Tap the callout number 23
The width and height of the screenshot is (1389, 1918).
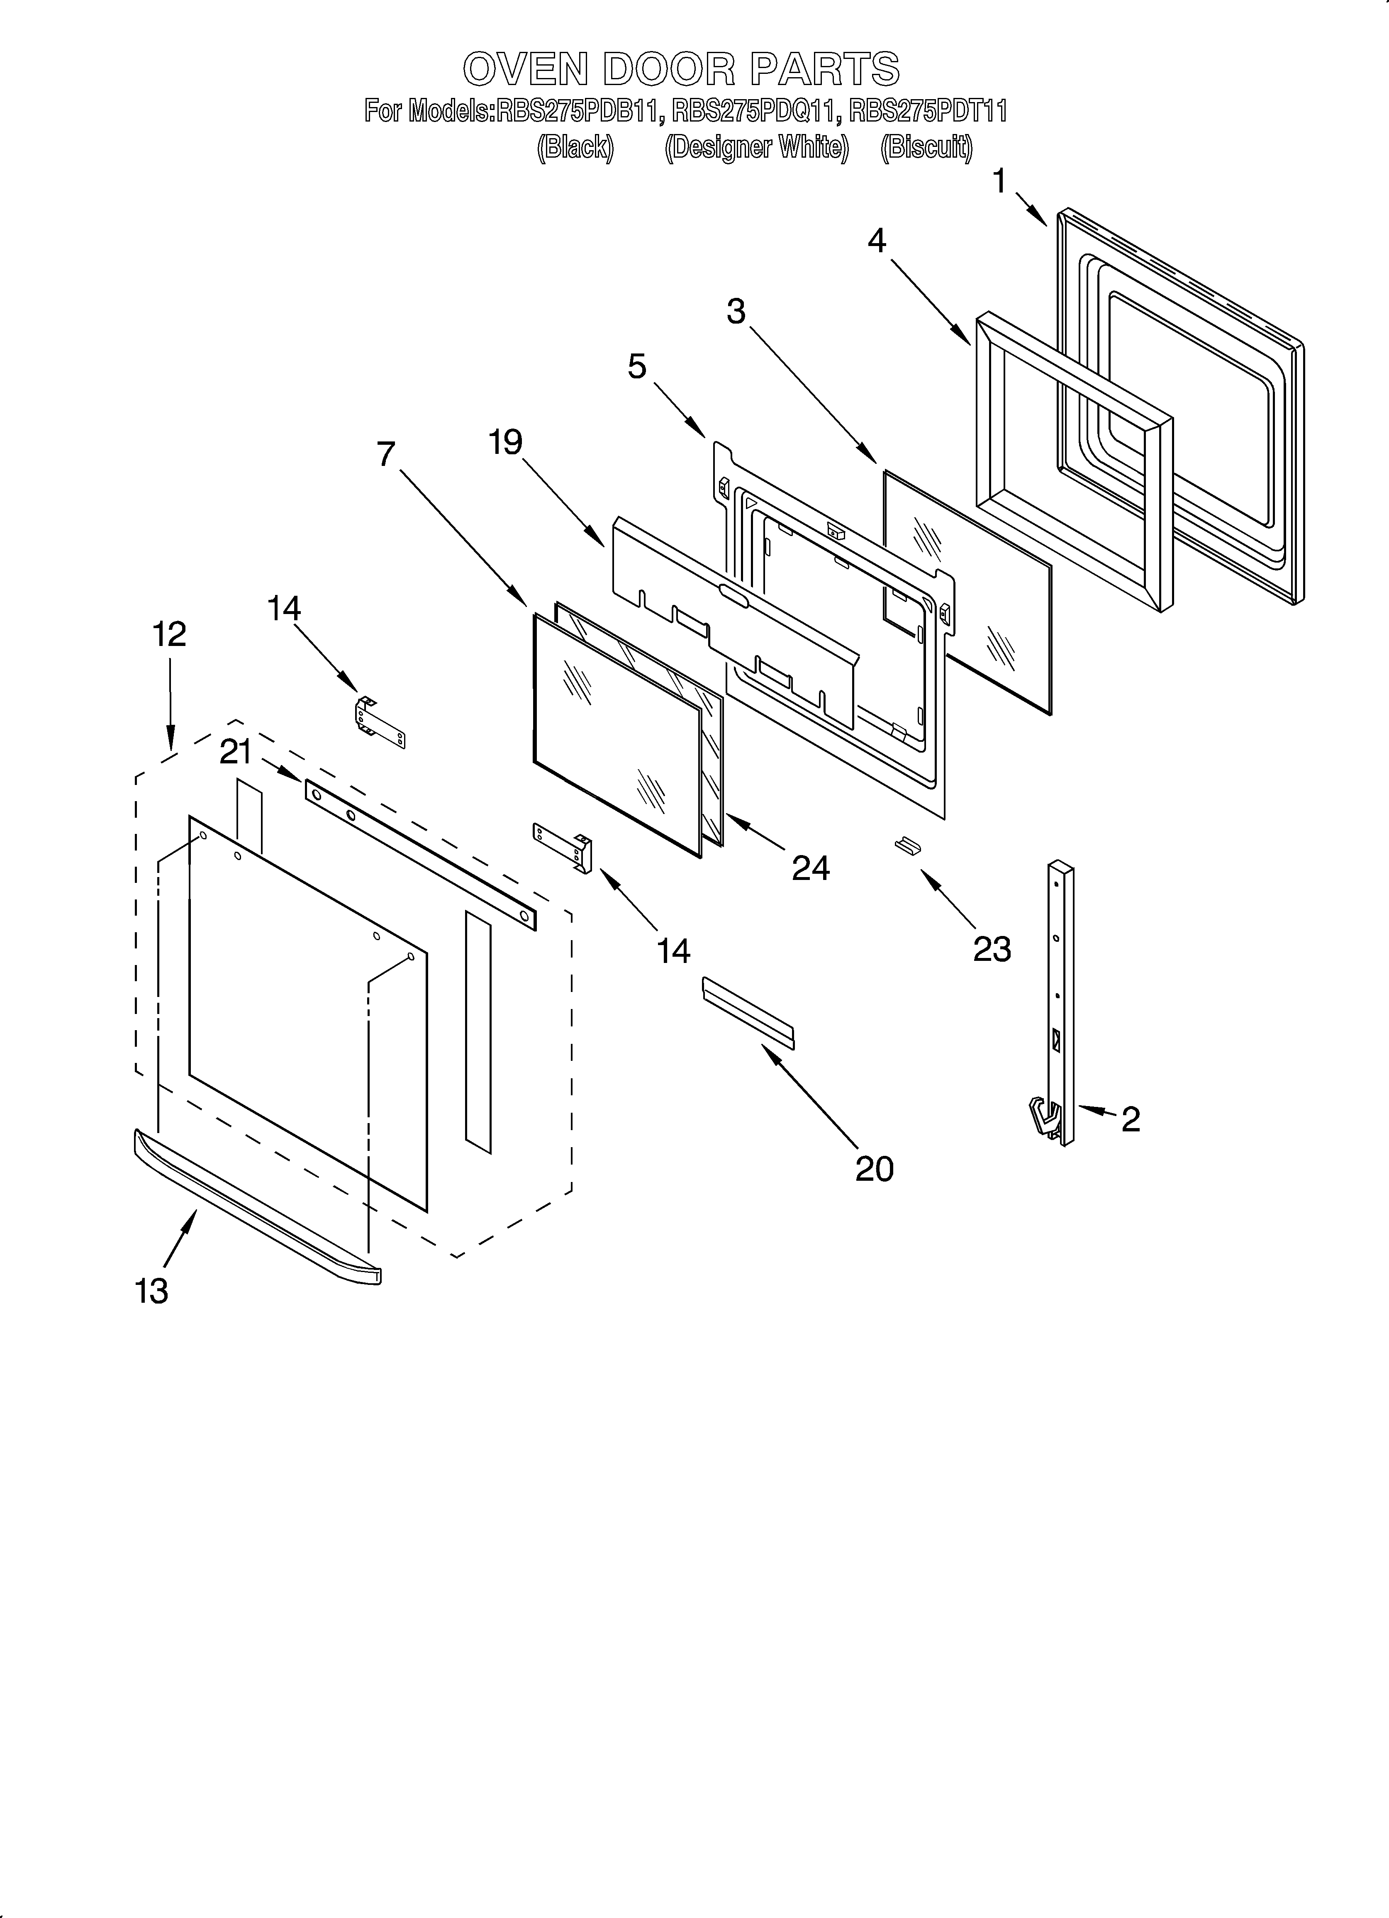pos(992,949)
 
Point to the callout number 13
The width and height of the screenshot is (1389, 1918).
pos(151,1292)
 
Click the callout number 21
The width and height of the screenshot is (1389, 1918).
pos(236,751)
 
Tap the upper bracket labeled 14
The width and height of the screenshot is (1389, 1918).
pos(379,721)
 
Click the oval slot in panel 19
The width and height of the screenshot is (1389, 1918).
pos(733,596)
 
